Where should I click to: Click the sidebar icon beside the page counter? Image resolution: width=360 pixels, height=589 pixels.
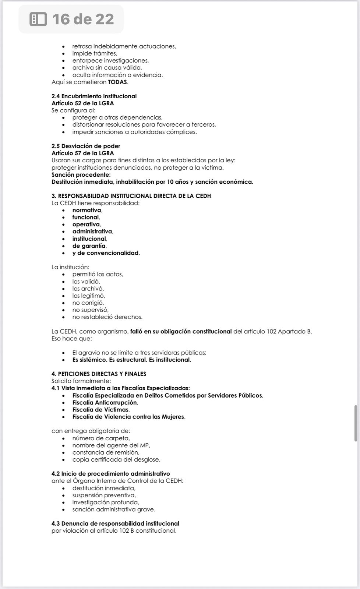point(38,19)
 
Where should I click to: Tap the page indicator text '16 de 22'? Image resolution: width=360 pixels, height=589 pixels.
point(83,19)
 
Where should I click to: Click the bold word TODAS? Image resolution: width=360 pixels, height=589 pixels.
point(117,82)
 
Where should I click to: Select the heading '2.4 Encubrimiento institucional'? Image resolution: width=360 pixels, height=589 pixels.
point(94,96)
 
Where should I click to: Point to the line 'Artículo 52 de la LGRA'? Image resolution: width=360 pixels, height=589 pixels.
point(82,103)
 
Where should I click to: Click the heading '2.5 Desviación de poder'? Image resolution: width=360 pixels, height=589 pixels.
point(86,146)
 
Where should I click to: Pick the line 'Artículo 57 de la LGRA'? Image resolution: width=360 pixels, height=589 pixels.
point(82,153)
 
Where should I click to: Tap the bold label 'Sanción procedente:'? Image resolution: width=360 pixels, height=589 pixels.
point(81,174)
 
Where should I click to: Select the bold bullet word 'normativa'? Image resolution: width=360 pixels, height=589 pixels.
point(87,210)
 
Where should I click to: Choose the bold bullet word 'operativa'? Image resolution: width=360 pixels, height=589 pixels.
point(86,225)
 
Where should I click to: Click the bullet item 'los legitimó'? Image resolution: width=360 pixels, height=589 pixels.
point(88,296)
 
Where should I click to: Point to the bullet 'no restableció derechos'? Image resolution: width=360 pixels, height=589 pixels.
point(107,317)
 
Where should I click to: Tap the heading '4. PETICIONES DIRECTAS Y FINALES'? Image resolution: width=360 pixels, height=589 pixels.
point(99,374)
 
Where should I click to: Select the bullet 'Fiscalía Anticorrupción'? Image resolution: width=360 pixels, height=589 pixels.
point(105,403)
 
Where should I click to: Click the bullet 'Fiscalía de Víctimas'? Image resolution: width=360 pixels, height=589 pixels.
point(100,410)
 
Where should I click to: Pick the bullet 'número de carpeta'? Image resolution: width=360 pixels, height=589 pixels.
point(101,438)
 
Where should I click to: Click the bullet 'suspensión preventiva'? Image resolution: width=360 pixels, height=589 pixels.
point(104,495)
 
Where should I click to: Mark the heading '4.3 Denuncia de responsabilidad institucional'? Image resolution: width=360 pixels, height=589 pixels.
point(115,523)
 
